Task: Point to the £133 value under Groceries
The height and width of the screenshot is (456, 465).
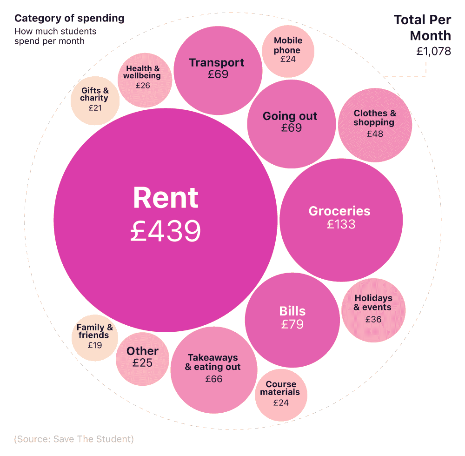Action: pos(341,224)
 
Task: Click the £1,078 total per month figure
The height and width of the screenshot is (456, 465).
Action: pos(433,52)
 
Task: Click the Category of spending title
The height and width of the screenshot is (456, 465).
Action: pos(69,19)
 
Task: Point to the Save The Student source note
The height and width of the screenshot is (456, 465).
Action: pos(74,439)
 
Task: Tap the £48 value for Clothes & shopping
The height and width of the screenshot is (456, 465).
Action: pos(375,134)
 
